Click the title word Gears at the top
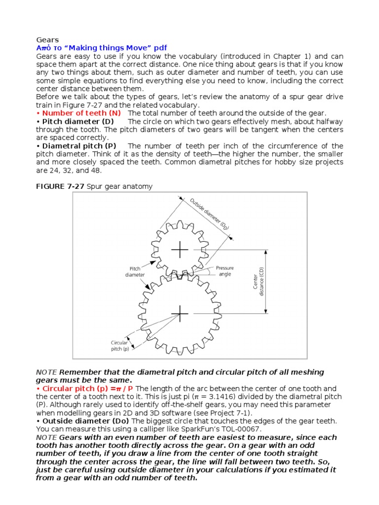(x=47, y=39)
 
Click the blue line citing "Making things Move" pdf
(x=101, y=48)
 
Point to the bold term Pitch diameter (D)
(x=78, y=122)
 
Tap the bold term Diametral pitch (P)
(x=79, y=146)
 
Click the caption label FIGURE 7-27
(x=60, y=186)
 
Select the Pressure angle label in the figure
(x=225, y=271)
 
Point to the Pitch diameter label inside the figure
(x=135, y=271)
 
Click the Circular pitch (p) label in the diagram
(x=119, y=345)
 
